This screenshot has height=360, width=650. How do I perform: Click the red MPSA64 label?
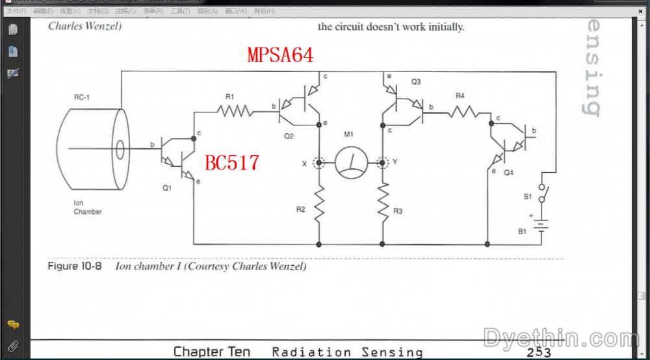coord(280,55)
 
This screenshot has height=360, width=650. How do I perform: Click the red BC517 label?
coord(232,162)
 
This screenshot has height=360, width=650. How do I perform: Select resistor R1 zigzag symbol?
coord(235,112)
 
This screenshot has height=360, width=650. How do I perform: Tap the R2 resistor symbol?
coord(319,203)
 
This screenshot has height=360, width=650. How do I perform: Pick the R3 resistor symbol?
coord(382,201)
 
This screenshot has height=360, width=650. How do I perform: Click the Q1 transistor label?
coord(167,188)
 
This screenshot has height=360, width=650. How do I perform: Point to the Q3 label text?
coord(416,82)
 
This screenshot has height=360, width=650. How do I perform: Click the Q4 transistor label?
coord(509,172)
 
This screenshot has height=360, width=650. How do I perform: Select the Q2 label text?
coord(289,136)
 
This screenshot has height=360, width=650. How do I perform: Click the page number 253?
coord(539,352)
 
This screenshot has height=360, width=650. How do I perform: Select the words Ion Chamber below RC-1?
coord(87,207)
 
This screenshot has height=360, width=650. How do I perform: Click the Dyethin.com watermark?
coord(561,338)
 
